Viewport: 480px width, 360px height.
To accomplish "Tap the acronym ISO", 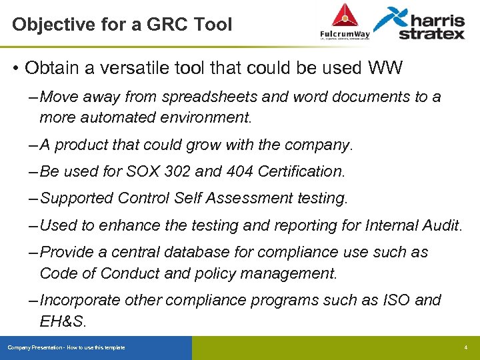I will click(396, 300).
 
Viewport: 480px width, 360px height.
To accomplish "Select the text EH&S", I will click(63, 321).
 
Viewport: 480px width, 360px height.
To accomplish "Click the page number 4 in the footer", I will click(466, 348).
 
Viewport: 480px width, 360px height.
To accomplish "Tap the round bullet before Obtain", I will click(15, 69).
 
